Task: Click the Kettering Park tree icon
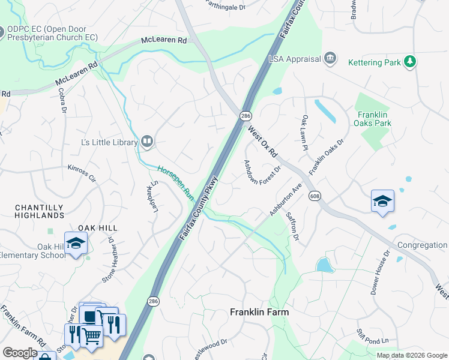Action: tap(410, 61)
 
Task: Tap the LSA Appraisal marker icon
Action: tap(330, 58)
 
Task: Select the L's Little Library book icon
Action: tap(147, 142)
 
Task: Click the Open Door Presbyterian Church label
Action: tap(52, 33)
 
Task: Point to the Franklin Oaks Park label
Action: tap(374, 119)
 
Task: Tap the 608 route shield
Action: tap(314, 196)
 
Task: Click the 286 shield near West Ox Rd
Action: tap(246, 115)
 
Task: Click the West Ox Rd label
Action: tap(262, 142)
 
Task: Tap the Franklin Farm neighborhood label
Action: tap(260, 312)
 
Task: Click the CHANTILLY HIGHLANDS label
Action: tap(39, 211)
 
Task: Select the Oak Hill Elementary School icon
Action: tap(76, 244)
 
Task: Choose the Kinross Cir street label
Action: tap(82, 173)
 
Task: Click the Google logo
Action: tap(20, 352)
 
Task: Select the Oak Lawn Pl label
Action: tap(304, 133)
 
